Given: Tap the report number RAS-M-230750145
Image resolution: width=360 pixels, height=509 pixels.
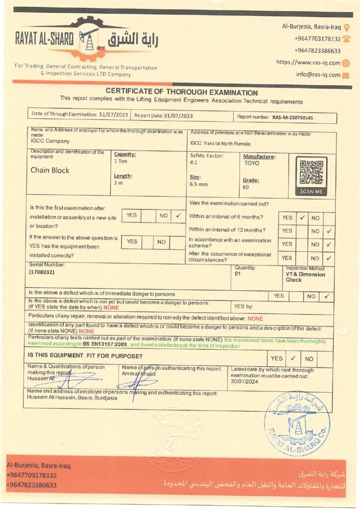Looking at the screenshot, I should [293, 118].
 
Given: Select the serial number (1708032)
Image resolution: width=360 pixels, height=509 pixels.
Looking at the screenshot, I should [42, 272].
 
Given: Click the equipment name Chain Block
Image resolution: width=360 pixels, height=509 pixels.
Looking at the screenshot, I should [50, 170].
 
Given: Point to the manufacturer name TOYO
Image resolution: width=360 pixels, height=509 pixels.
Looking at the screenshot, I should [251, 163].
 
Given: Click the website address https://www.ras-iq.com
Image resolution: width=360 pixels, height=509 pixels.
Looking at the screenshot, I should [308, 63].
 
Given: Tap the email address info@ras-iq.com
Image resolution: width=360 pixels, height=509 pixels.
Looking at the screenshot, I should [318, 75].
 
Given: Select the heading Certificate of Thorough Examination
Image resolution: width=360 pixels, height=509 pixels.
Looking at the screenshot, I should [181, 92].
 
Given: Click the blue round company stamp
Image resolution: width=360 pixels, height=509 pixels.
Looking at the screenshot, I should [296, 424].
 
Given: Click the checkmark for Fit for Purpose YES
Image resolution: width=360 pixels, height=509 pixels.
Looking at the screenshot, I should [293, 358].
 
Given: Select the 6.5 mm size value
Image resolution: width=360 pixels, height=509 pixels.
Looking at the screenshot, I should [197, 184].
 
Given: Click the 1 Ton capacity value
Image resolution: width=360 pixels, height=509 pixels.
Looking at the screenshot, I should [121, 161].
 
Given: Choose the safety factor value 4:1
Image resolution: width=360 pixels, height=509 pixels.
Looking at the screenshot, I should [194, 163].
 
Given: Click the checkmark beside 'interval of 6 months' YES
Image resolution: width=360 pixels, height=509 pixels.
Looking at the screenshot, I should [302, 217].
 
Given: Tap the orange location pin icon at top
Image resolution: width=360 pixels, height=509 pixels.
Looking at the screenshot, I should [347, 27].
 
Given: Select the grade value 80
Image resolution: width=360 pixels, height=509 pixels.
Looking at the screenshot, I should [246, 187].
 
